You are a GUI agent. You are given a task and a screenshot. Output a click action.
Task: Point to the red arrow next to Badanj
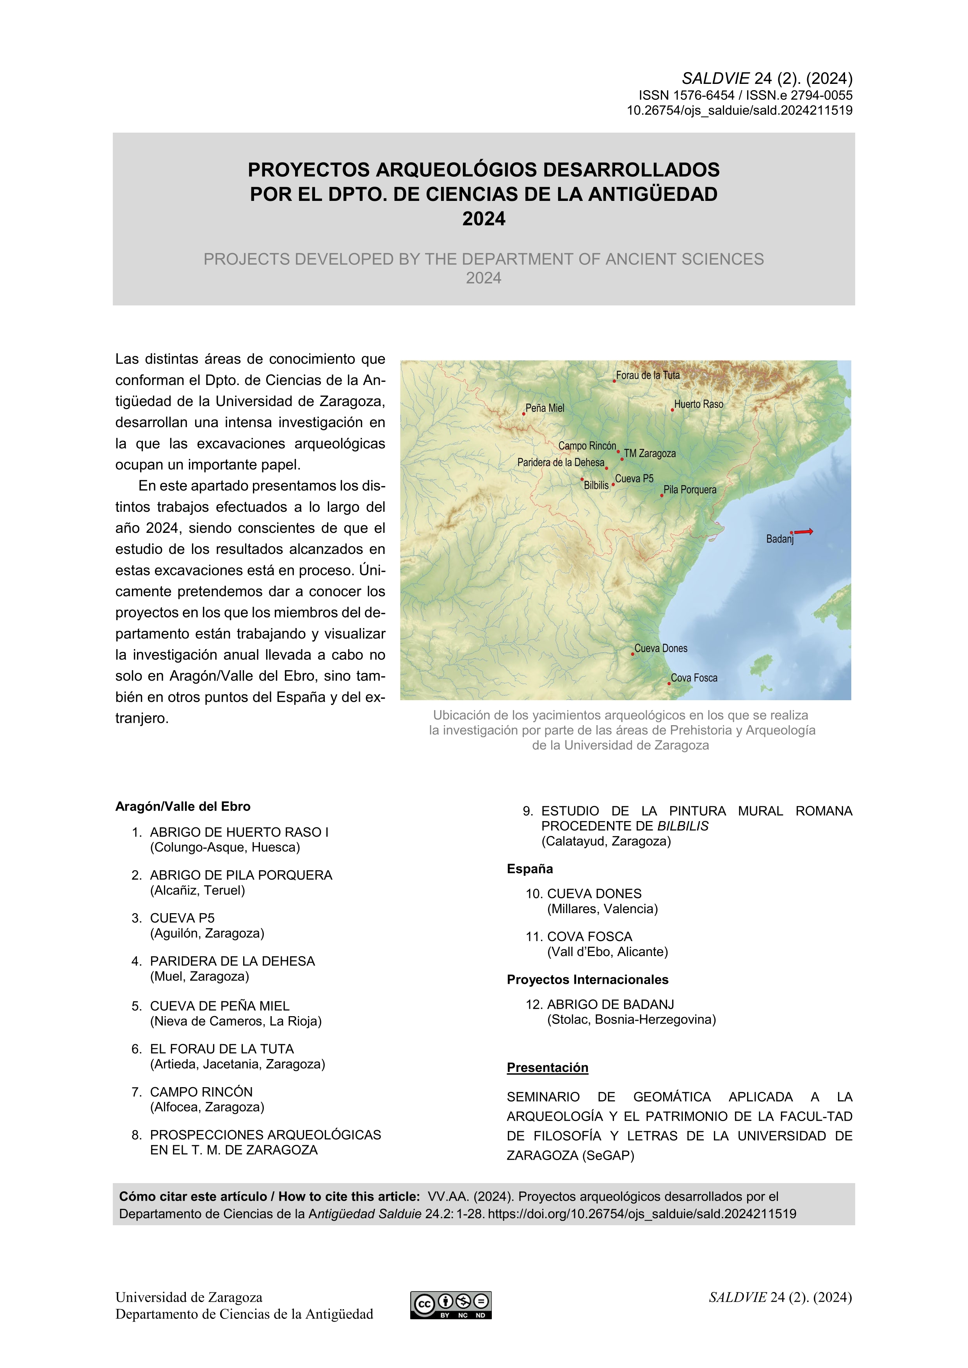point(804,531)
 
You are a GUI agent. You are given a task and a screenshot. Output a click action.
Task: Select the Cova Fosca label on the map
point(694,678)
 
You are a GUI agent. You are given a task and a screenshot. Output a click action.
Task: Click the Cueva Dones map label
point(660,648)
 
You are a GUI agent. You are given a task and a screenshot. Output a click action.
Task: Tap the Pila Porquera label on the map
point(690,490)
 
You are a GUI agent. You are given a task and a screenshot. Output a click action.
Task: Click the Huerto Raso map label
point(699,404)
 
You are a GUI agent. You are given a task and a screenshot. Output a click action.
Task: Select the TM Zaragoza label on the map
point(650,453)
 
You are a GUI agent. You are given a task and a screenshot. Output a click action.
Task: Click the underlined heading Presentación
point(547,1068)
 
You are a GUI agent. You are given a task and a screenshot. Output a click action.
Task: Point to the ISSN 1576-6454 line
point(686,95)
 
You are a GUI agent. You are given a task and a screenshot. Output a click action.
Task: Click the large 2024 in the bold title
point(483,219)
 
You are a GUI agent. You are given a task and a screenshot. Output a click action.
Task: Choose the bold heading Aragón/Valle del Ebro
point(182,806)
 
